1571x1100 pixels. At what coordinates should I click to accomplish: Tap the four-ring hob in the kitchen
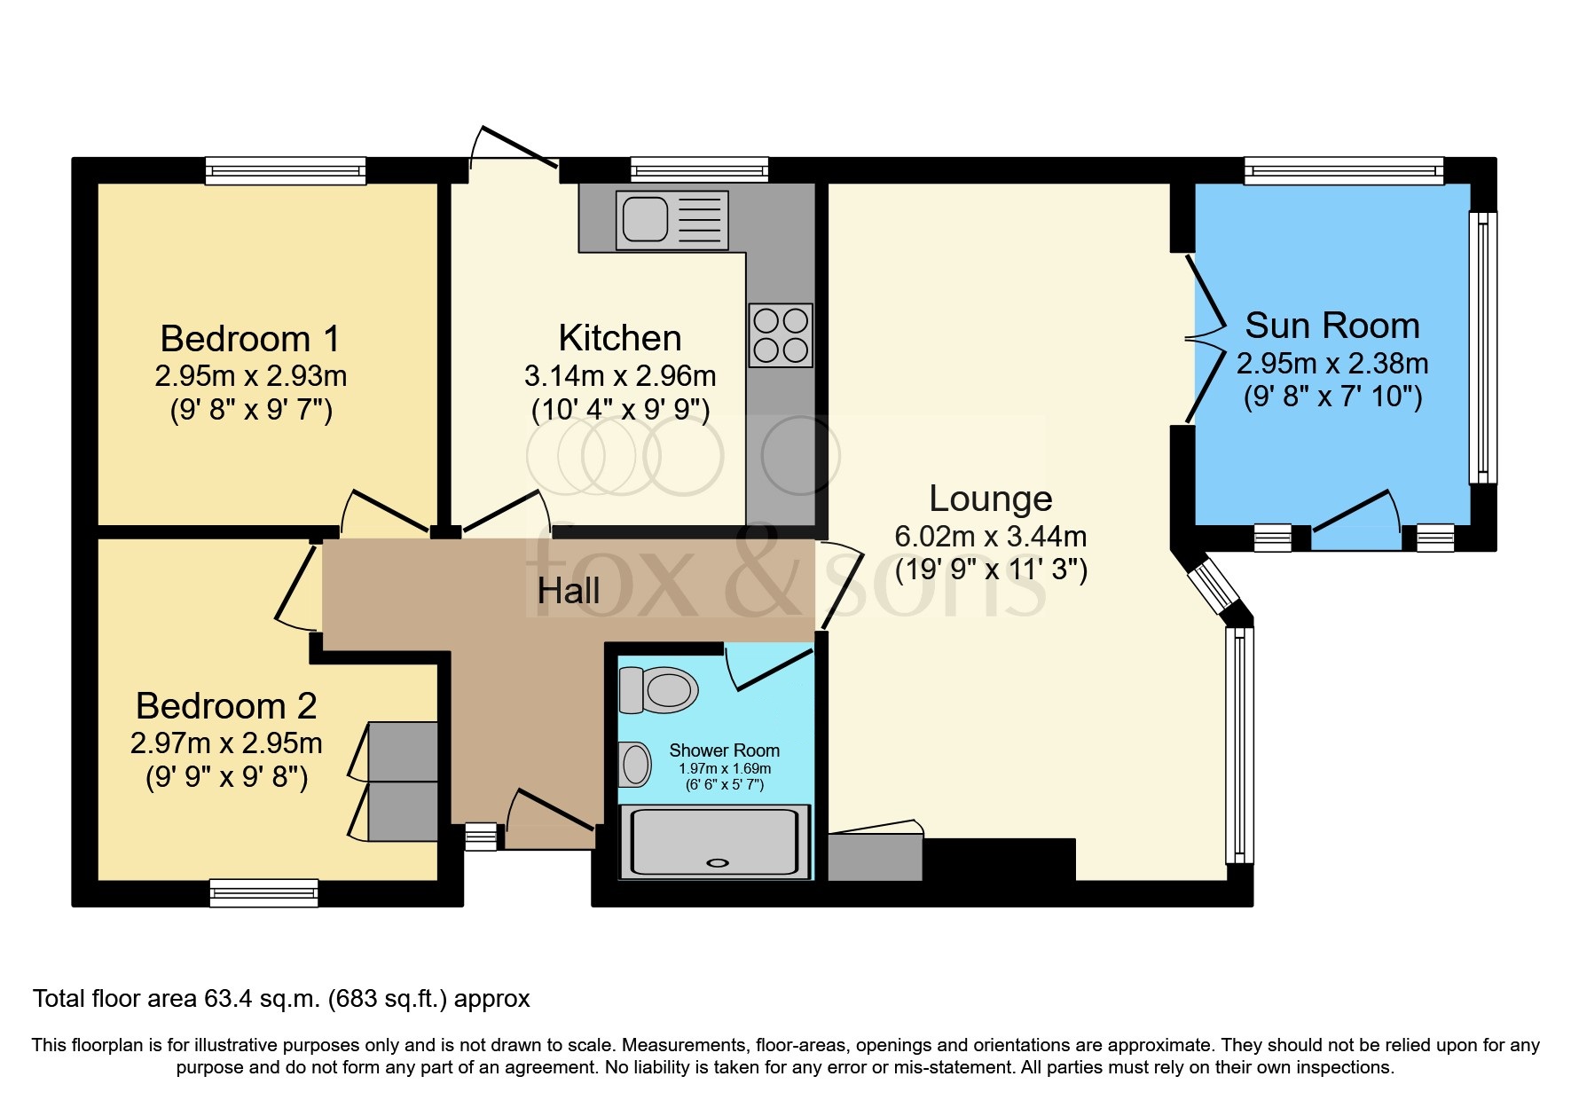point(781,335)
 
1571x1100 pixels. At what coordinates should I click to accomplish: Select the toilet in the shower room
point(660,689)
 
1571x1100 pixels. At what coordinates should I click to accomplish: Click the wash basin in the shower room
point(635,764)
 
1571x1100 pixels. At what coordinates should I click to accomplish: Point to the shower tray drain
point(718,862)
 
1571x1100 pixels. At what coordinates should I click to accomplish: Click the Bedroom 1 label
point(249,339)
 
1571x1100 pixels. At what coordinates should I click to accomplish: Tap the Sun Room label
point(1331,326)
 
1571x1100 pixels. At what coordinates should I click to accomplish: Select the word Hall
point(568,591)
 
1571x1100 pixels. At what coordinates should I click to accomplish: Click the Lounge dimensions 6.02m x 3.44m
point(990,536)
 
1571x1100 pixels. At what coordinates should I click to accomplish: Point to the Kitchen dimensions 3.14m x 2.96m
point(619,376)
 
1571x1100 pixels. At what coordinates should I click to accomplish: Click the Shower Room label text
point(724,750)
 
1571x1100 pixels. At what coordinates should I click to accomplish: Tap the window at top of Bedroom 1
point(285,170)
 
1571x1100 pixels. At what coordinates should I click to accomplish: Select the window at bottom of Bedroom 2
point(263,892)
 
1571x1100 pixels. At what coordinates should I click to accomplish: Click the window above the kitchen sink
point(699,169)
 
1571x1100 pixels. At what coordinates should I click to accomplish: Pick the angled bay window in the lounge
point(1212,585)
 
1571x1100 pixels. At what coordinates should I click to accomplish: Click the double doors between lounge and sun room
point(1205,338)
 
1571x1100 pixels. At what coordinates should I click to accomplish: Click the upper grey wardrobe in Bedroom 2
point(403,750)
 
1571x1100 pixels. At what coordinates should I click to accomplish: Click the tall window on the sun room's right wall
point(1482,348)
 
